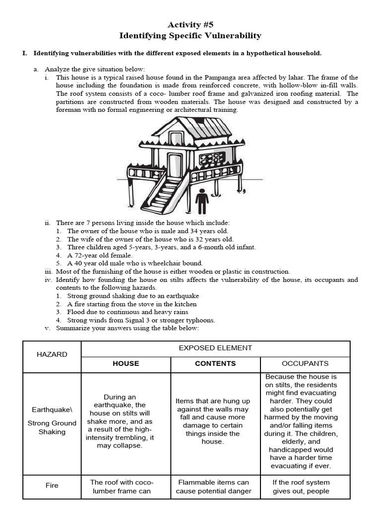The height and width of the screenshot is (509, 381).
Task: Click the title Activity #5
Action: pos(190,24)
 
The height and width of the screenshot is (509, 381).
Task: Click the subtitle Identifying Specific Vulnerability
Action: pos(190,36)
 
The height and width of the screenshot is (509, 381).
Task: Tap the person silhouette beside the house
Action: pos(202,201)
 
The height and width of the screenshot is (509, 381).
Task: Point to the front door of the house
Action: pos(175,165)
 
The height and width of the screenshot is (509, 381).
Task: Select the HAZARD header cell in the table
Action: pos(52,354)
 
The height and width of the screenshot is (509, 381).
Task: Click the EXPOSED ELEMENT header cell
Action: pos(215,348)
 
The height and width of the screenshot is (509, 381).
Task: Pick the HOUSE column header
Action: pos(126,363)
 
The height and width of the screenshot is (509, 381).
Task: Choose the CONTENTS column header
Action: pos(215,363)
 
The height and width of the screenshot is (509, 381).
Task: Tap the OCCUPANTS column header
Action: pos(305,363)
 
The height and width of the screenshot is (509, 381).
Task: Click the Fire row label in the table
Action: pos(52,486)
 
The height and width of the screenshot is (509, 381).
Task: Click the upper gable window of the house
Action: pos(176,138)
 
